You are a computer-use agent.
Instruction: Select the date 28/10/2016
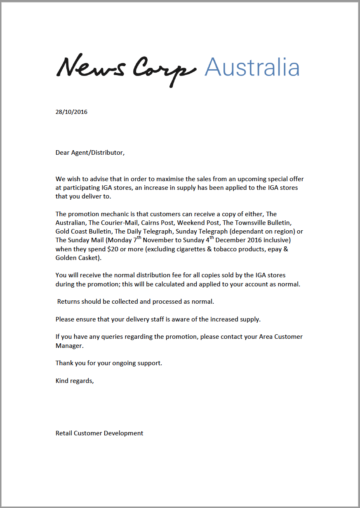pyautogui.click(x=71, y=112)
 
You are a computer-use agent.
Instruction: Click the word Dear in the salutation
pyautogui.click(x=63, y=153)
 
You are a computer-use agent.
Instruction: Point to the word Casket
pyautogui.click(x=88, y=258)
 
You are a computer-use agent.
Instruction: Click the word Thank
pyautogui.click(x=64, y=363)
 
